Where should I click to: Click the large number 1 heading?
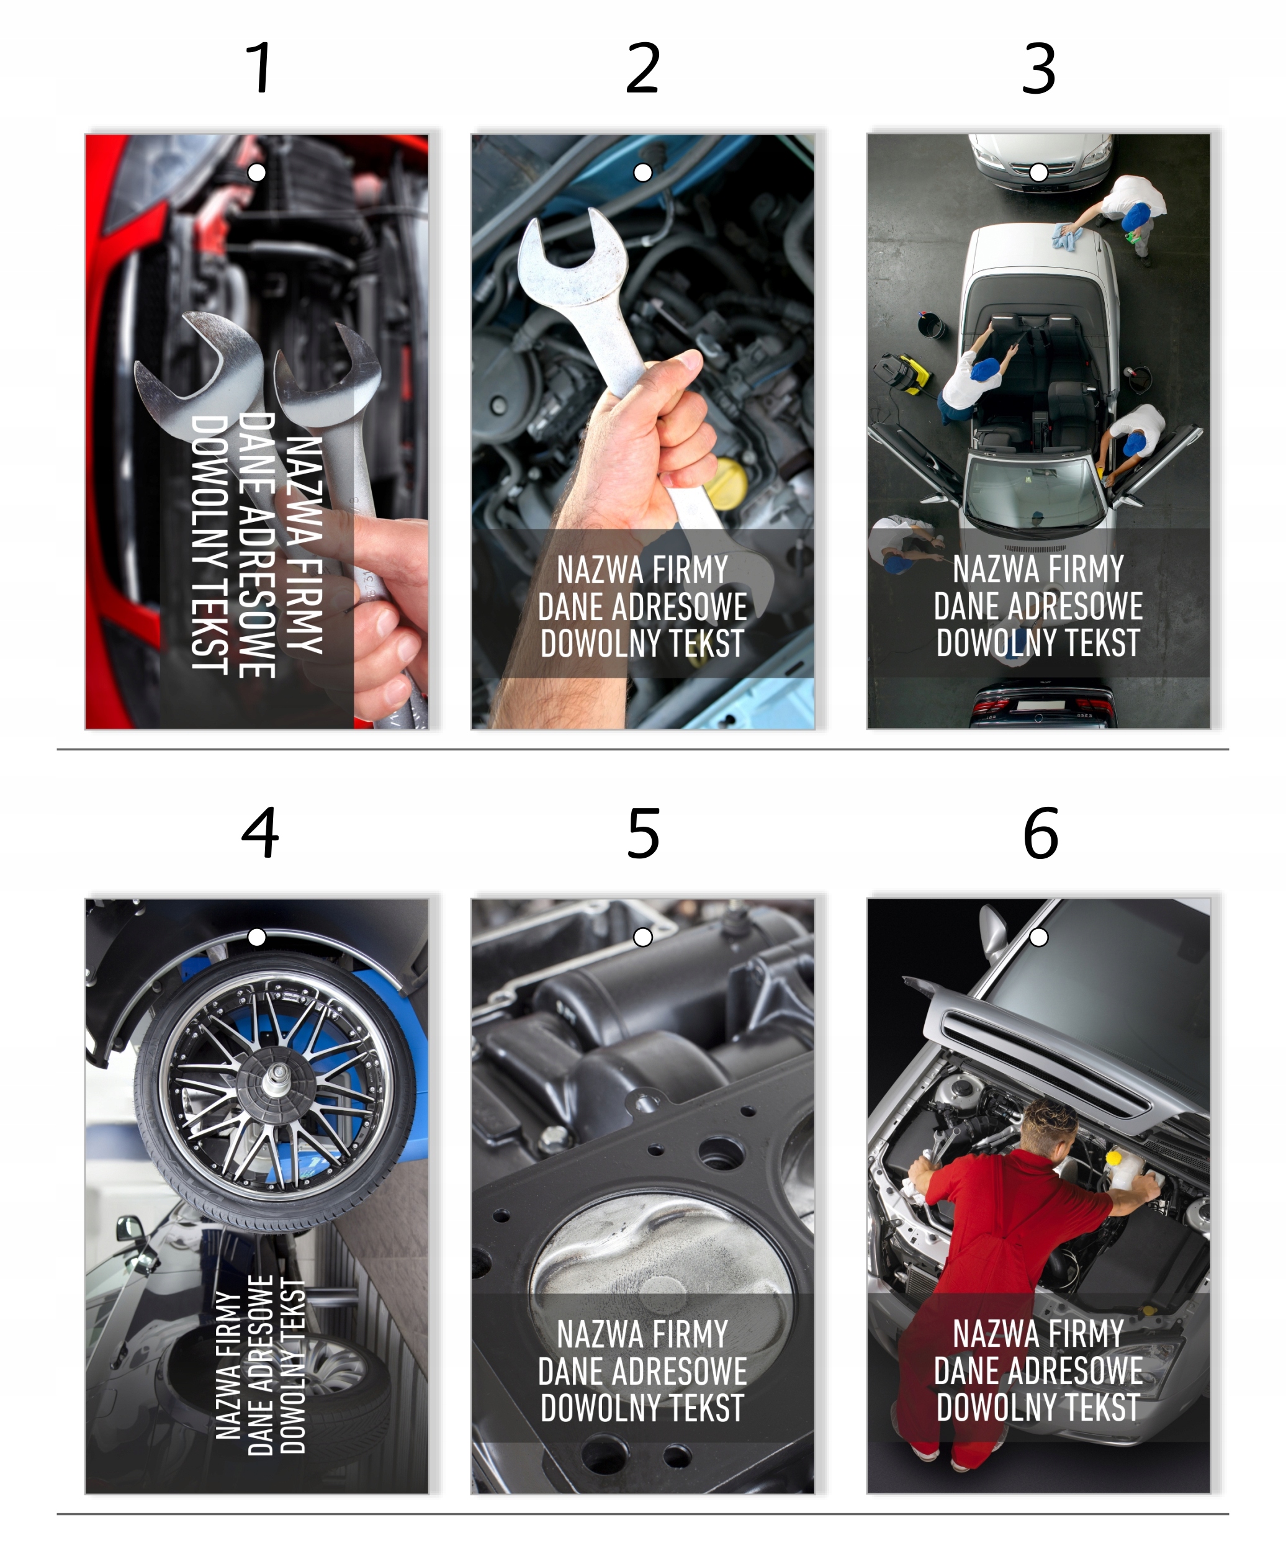click(x=260, y=67)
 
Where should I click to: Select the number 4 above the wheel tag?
click(x=260, y=832)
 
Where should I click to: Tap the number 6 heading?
click(x=1040, y=833)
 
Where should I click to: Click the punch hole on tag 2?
click(x=642, y=172)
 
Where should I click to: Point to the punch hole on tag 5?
click(x=642, y=937)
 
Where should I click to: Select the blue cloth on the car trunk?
click(x=1067, y=237)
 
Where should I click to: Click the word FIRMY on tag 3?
click(x=1084, y=569)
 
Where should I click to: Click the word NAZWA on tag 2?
click(x=600, y=569)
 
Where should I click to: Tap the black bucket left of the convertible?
click(x=932, y=325)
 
